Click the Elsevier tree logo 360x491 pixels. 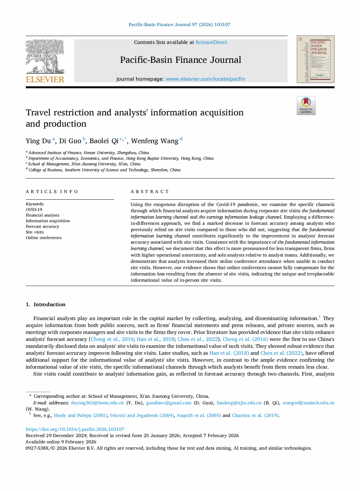pyautogui.click(x=45, y=56)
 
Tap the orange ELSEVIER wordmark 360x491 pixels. pyautogui.click(x=45, y=80)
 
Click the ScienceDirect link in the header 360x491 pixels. pyautogui.click(x=211, y=42)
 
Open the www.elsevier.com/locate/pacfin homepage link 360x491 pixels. pyautogui.click(x=205, y=79)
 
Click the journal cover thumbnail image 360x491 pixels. pyautogui.click(x=315, y=59)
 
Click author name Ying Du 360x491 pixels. pyautogui.click(x=38, y=141)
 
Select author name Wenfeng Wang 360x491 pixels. pyautogui.click(x=155, y=141)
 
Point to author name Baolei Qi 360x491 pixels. pyautogui.click(x=104, y=141)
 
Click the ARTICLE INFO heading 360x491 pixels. pyautogui.click(x=52, y=192)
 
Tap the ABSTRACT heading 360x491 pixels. pyautogui.click(x=150, y=192)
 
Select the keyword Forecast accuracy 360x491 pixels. pyautogui.click(x=42, y=226)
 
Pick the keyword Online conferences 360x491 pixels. pyautogui.click(x=44, y=238)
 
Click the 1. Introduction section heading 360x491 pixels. pyautogui.click(x=46, y=305)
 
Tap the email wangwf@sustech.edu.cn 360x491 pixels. pyautogui.click(x=308, y=403)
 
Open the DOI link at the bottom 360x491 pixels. pyautogui.click(x=75, y=429)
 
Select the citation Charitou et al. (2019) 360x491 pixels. pyautogui.click(x=255, y=415)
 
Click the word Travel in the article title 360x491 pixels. pyautogui.click(x=38, y=113)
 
